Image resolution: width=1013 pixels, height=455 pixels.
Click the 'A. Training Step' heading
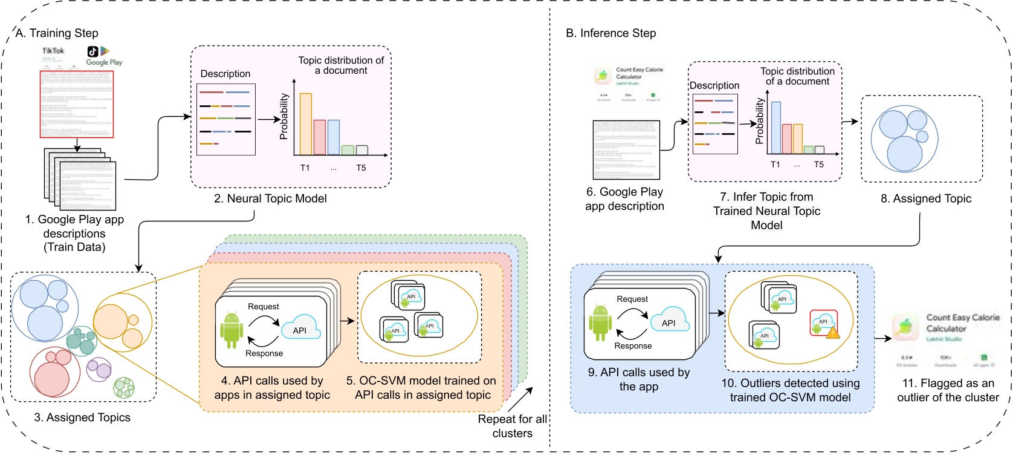57,33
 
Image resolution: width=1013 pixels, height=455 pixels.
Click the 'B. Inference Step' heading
610,33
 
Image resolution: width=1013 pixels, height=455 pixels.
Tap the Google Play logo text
104,62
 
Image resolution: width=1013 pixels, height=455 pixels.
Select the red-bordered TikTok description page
77,104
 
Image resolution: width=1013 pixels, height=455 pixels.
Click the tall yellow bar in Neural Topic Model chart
306,124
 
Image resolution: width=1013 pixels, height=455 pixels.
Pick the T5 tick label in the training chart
361,168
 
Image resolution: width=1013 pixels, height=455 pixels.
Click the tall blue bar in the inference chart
776,128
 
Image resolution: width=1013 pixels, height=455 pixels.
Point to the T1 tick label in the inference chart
775,165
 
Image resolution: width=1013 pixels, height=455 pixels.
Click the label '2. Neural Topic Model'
270,198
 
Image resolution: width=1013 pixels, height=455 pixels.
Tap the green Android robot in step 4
231,330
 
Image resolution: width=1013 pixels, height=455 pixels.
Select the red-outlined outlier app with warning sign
824,324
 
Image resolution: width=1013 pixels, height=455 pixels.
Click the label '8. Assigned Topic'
925,198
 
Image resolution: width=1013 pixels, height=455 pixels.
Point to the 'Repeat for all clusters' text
512,426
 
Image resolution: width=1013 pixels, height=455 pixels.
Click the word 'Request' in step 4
264,307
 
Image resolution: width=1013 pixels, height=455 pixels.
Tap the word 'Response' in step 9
633,346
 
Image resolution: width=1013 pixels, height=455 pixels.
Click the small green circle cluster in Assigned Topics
124,387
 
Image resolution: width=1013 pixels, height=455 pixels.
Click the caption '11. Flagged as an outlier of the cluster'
948,390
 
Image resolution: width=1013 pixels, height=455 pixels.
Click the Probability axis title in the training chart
283,117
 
